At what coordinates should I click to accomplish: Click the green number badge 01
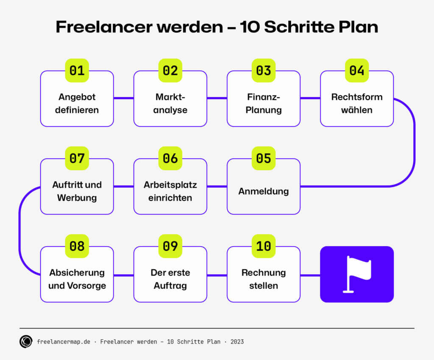(x=77, y=70)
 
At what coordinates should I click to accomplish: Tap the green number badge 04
(x=357, y=70)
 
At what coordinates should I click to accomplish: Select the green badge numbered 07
(x=77, y=158)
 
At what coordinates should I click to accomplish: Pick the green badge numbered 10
(x=264, y=246)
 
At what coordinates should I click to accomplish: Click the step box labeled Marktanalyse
(x=170, y=103)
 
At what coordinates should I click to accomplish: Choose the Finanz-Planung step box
(x=264, y=103)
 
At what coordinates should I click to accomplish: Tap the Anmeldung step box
(x=264, y=191)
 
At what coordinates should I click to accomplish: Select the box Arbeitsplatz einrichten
(x=170, y=191)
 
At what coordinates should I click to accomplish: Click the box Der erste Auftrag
(x=170, y=279)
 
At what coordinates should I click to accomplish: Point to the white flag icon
(x=357, y=274)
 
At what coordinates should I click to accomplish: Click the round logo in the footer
(x=26, y=341)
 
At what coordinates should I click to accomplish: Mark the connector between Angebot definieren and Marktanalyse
(x=124, y=99)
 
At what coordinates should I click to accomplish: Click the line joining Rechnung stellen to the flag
(x=310, y=275)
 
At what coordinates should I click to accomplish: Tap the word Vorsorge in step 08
(x=88, y=285)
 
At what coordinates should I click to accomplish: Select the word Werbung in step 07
(x=77, y=198)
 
